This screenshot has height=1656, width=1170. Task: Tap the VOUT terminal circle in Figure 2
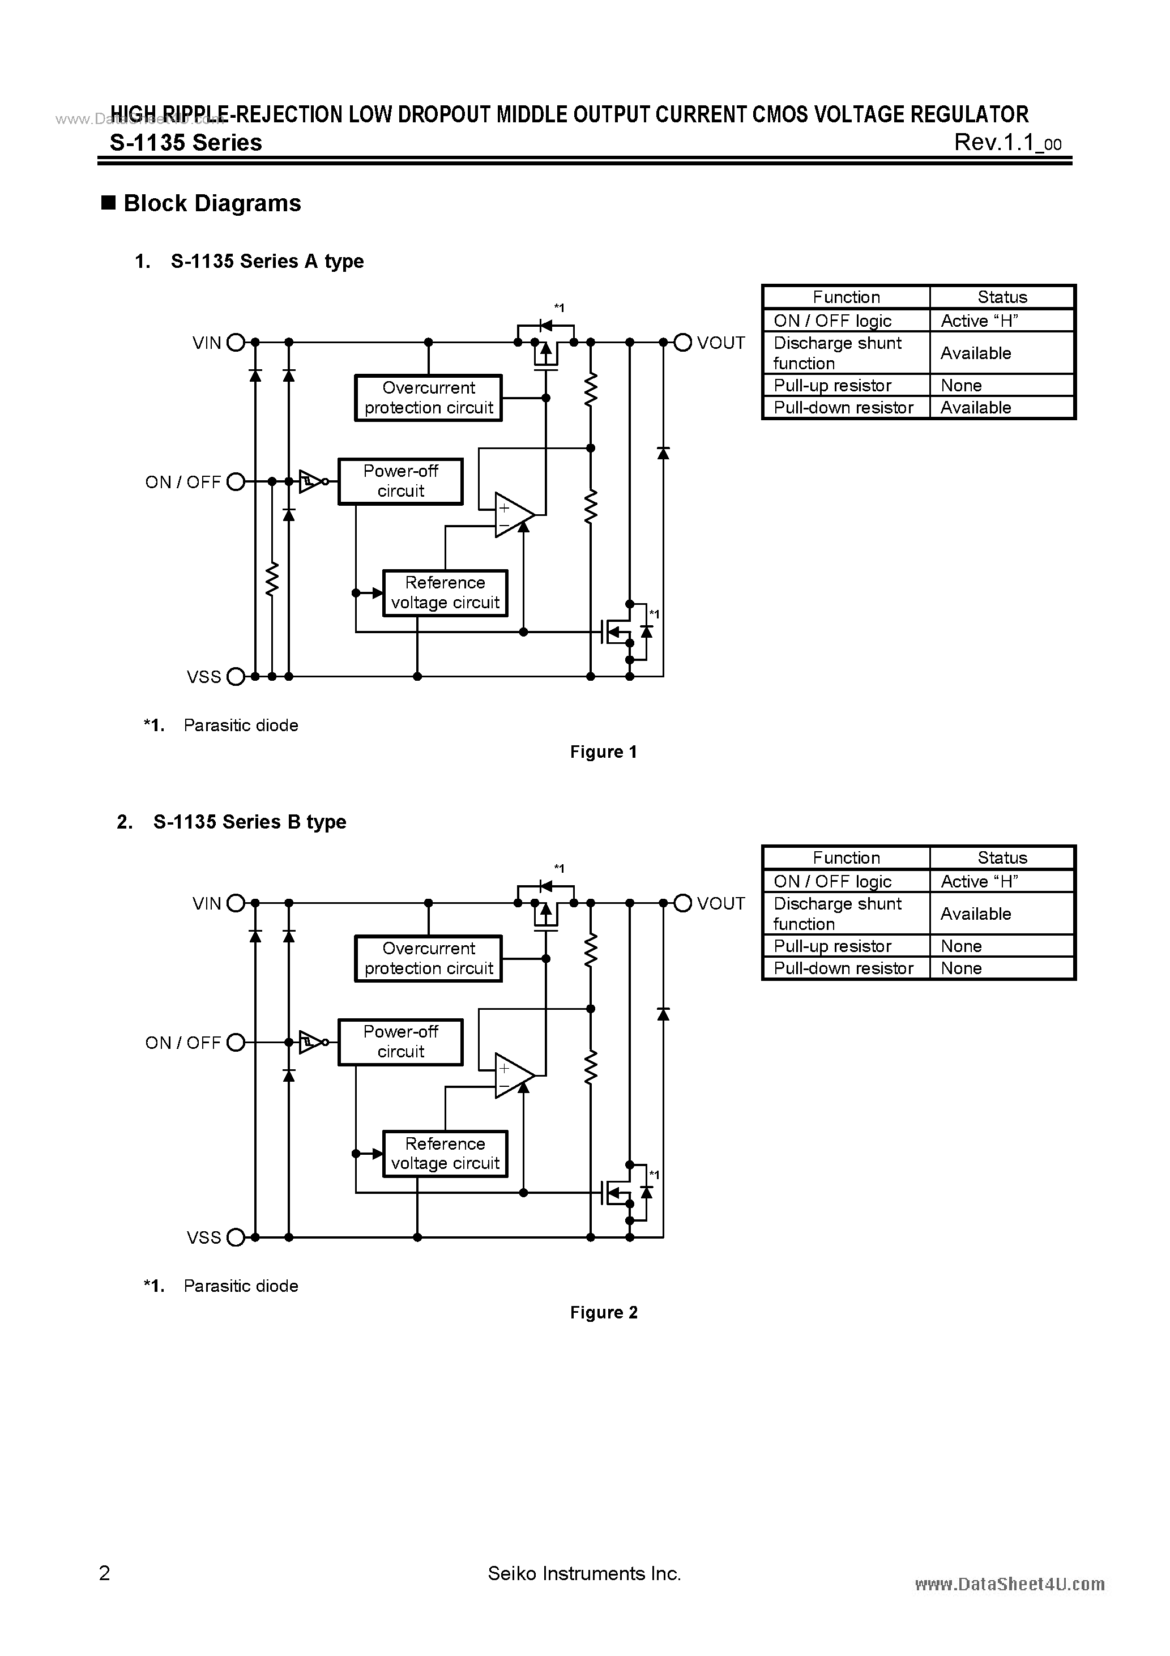pyautogui.click(x=682, y=903)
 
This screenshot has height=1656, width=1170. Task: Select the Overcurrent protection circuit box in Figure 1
pyautogui.click(x=429, y=398)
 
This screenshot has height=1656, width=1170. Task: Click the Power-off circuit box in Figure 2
pyautogui.click(x=400, y=1042)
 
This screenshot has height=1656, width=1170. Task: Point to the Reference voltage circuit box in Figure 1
pyautogui.click(x=445, y=593)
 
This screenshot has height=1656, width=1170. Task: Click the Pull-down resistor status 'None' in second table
pyautogui.click(x=961, y=968)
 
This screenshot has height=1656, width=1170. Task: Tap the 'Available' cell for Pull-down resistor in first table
pyautogui.click(x=975, y=408)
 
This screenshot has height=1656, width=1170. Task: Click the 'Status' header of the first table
pyautogui.click(x=1002, y=297)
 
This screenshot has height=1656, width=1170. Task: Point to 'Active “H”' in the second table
pyautogui.click(x=979, y=881)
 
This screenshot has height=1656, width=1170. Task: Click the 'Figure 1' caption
pyautogui.click(x=603, y=752)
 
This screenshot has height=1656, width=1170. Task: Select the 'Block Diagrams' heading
pyautogui.click(x=212, y=203)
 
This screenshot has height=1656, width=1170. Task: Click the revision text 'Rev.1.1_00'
pyautogui.click(x=1007, y=143)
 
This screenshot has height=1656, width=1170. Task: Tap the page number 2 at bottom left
pyautogui.click(x=105, y=1573)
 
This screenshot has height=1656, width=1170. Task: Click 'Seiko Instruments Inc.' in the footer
pyautogui.click(x=584, y=1574)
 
